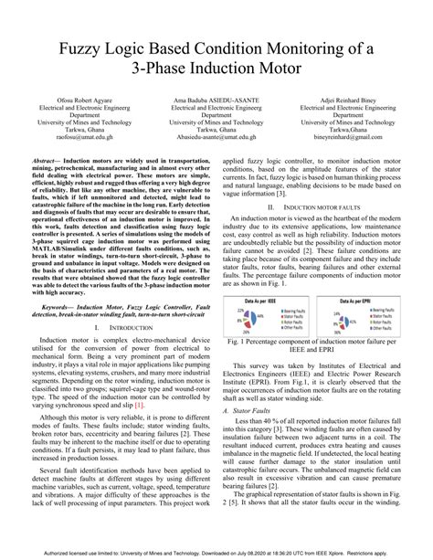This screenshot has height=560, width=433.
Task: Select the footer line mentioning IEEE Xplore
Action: tap(216, 553)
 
